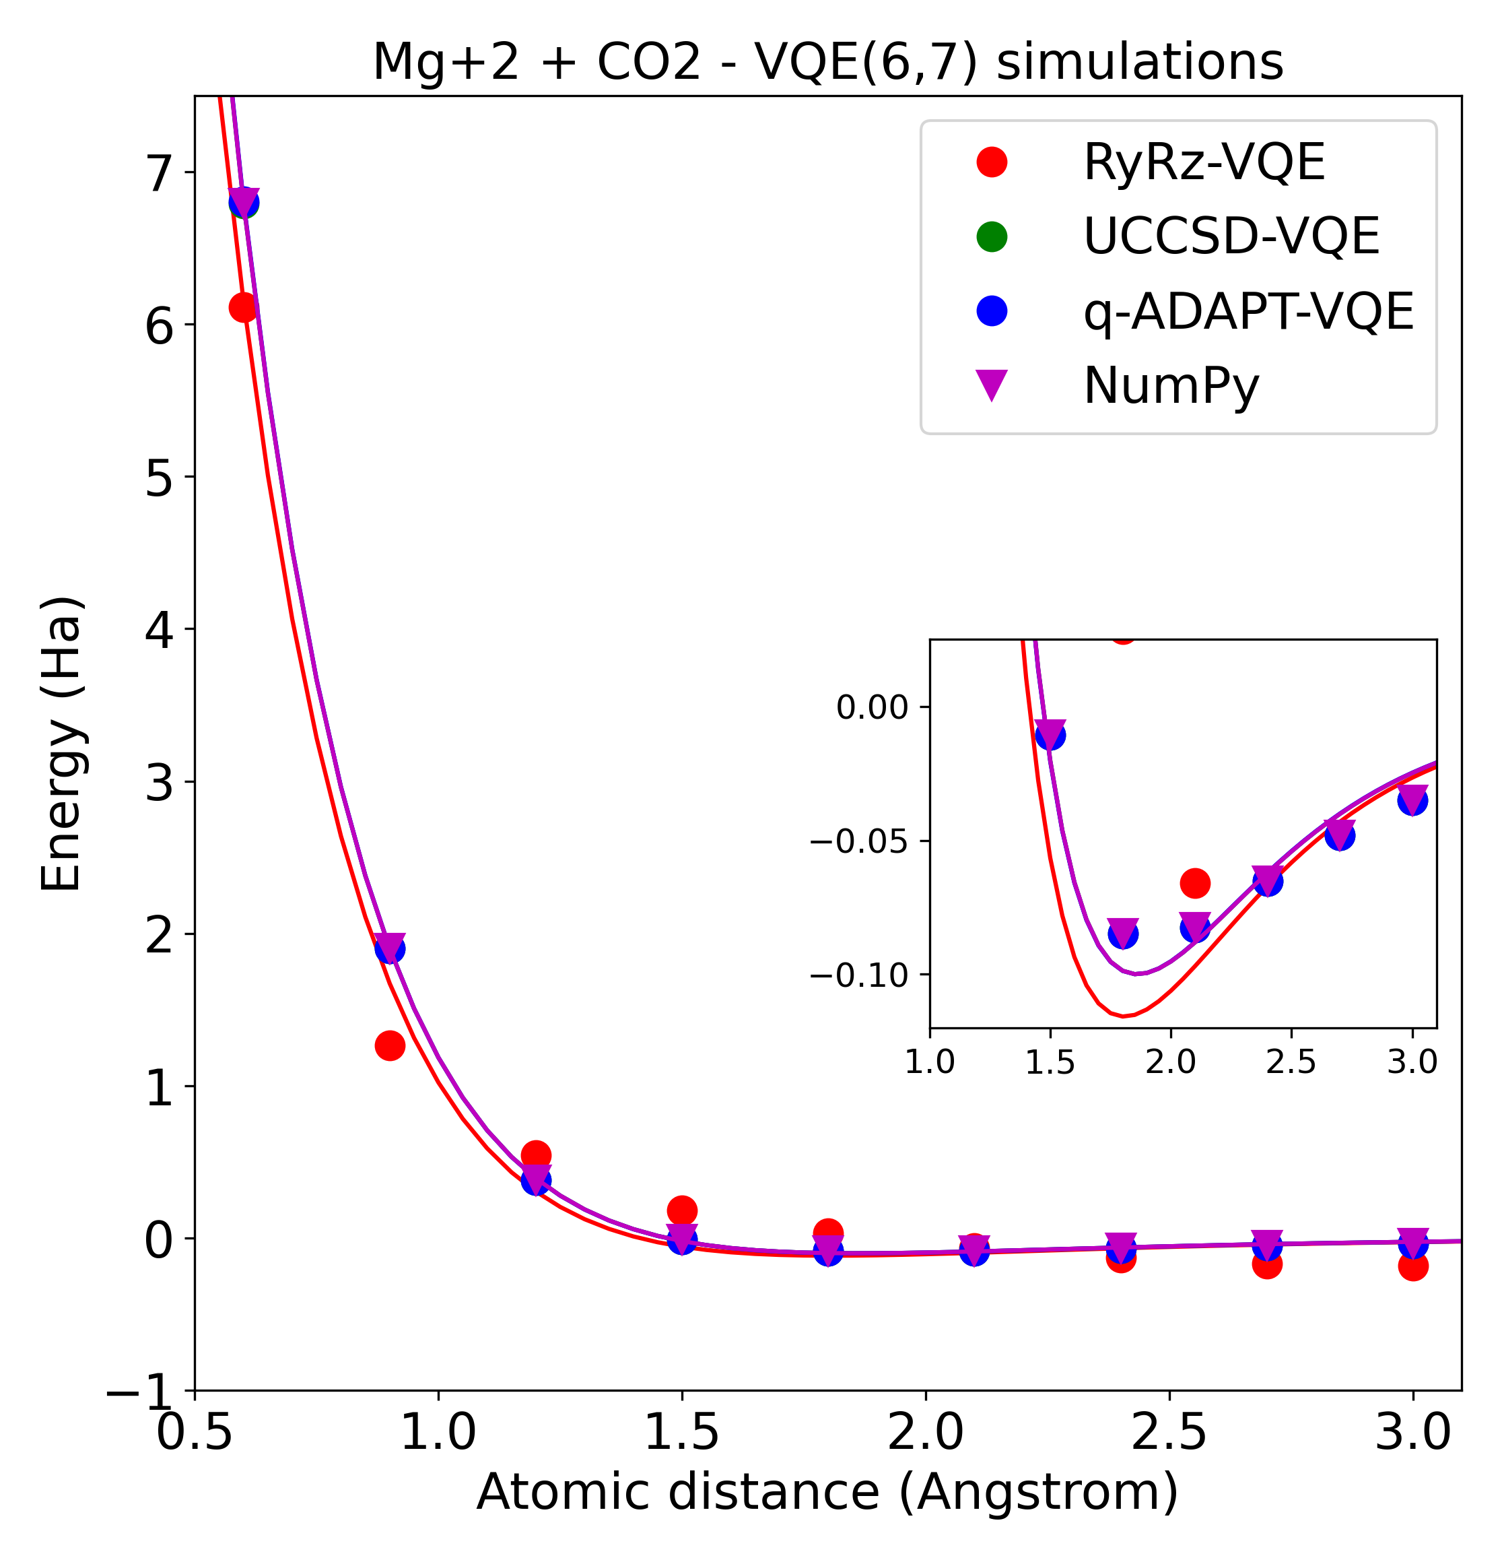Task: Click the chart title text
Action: click(827, 62)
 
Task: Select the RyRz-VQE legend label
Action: click(1204, 162)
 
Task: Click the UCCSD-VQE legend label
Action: click(1231, 236)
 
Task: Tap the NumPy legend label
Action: click(1171, 385)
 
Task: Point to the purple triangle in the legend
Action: click(991, 385)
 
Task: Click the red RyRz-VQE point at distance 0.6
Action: click(242, 307)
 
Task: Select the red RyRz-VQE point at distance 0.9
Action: click(389, 1045)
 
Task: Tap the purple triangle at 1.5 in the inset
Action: click(1050, 731)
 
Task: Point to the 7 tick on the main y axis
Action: click(159, 174)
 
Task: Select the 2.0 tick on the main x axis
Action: click(925, 1433)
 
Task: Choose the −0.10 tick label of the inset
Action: click(859, 974)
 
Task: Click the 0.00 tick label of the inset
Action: click(872, 707)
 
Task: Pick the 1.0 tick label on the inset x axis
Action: click(929, 1062)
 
